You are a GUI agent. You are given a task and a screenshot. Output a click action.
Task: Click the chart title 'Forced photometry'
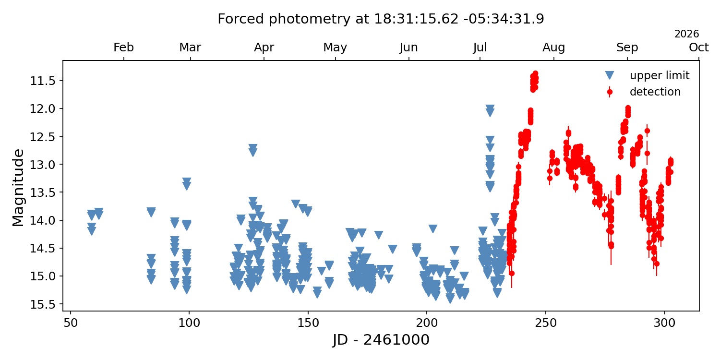click(x=284, y=19)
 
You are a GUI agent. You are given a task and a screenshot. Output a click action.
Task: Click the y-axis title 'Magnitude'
click(x=18, y=188)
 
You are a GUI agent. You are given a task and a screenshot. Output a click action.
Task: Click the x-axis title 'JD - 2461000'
click(x=381, y=340)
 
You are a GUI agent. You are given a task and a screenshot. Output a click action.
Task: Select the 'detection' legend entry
click(x=642, y=92)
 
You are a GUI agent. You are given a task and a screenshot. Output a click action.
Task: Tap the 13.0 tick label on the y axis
click(x=42, y=165)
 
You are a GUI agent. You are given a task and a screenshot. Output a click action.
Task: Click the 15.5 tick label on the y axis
click(x=42, y=304)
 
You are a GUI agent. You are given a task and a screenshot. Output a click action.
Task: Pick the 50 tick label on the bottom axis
click(x=71, y=323)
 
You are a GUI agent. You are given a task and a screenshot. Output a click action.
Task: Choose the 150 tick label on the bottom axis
click(x=308, y=323)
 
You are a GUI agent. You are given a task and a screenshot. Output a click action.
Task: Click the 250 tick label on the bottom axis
click(x=545, y=323)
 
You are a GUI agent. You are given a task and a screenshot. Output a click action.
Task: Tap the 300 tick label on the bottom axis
click(x=664, y=323)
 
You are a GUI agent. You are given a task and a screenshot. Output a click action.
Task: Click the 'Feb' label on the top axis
click(x=123, y=48)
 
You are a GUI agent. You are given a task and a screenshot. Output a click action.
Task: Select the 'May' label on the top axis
click(x=335, y=48)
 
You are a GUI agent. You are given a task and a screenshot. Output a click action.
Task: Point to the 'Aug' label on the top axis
click(x=553, y=48)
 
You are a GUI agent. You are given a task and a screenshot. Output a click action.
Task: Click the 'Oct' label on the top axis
click(x=699, y=48)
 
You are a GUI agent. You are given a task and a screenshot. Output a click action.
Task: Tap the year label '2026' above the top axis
click(x=686, y=34)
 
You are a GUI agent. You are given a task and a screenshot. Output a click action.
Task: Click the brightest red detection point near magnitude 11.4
click(x=535, y=73)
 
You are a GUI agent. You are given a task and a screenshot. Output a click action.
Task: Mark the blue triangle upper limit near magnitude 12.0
click(x=490, y=108)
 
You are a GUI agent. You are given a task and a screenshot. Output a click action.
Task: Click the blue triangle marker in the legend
click(x=610, y=75)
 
